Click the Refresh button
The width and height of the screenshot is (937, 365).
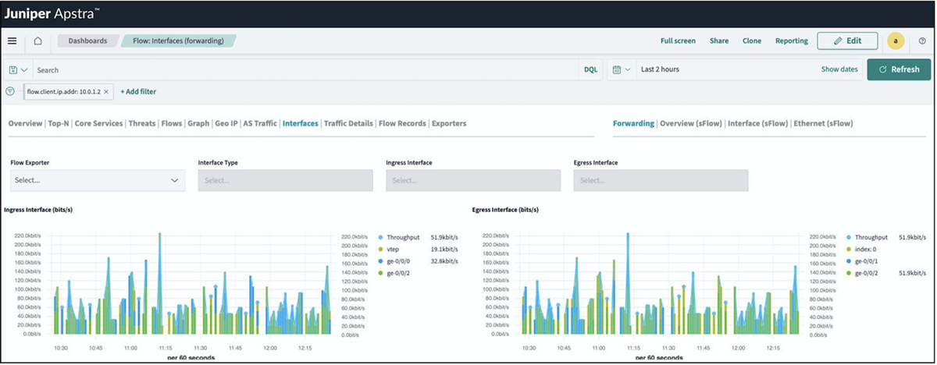[899, 69]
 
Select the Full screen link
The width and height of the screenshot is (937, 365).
[678, 41]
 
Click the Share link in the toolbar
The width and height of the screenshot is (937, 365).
[719, 41]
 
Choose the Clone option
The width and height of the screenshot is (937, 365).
[752, 41]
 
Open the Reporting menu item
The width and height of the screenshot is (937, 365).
[792, 41]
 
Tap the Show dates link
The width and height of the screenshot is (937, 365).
[839, 69]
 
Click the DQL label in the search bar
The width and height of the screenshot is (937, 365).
[591, 69]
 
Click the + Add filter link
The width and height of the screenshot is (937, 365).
[138, 91]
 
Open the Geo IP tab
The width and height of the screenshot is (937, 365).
[226, 123]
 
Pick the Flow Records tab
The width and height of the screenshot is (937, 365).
[402, 123]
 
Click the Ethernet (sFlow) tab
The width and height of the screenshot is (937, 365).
[823, 123]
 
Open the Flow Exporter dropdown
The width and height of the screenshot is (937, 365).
[98, 180]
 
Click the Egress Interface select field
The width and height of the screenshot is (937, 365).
[661, 180]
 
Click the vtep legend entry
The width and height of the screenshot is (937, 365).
[394, 249]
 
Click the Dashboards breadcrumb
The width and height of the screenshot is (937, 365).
[87, 41]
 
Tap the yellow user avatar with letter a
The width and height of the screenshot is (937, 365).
[896, 41]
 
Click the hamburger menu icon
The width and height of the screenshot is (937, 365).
[12, 41]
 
